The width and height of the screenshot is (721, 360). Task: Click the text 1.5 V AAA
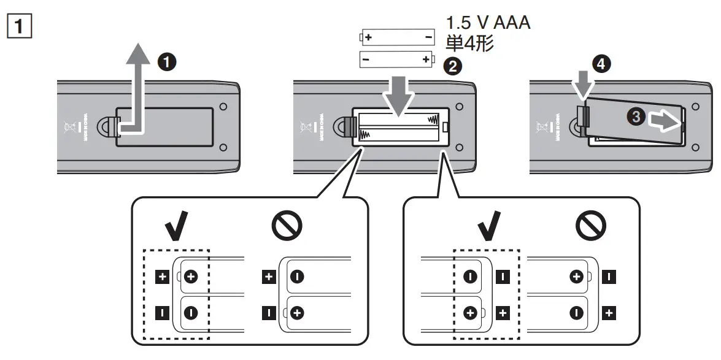(x=487, y=24)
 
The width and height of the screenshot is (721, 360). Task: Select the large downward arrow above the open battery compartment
(x=398, y=95)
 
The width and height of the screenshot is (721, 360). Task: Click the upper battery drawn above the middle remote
(x=396, y=38)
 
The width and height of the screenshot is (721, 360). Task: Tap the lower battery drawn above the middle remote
(x=396, y=59)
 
